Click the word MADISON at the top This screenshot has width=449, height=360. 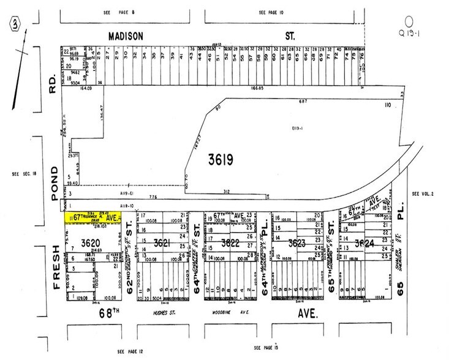[126, 36]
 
